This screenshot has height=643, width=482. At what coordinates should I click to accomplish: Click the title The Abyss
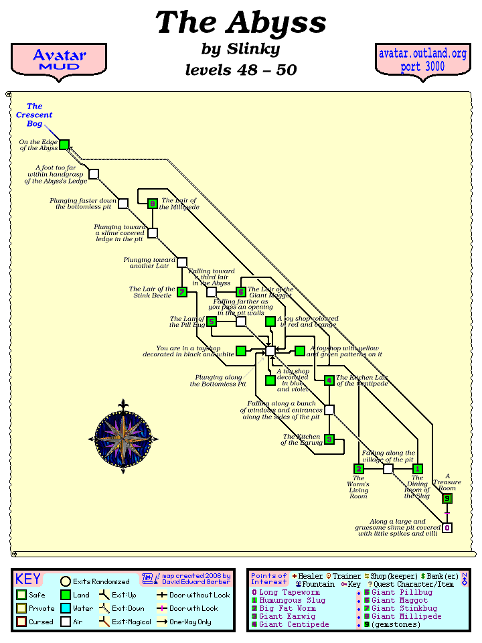pyautogui.click(x=240, y=23)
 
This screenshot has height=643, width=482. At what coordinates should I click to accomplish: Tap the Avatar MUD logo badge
pyautogui.click(x=59, y=60)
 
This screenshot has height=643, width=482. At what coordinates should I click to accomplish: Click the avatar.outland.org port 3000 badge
pyautogui.click(x=422, y=60)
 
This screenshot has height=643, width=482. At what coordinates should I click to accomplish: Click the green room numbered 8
pyautogui.click(x=153, y=204)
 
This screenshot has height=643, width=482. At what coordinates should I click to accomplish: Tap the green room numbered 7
pyautogui.click(x=182, y=292)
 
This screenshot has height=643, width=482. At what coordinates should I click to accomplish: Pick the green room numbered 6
pyautogui.click(x=241, y=292)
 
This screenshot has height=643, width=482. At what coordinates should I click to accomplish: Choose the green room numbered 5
pyautogui.click(x=212, y=321)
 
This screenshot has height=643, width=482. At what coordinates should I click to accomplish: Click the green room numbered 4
pyautogui.click(x=329, y=380)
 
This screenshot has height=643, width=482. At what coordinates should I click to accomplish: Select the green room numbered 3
pyautogui.click(x=329, y=439)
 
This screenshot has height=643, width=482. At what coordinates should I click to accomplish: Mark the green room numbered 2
pyautogui.click(x=359, y=469)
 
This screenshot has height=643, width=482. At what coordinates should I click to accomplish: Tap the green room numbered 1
pyautogui.click(x=418, y=469)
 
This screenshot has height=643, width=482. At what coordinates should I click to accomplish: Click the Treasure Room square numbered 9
pyautogui.click(x=447, y=498)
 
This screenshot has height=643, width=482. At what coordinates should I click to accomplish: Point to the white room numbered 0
pyautogui.click(x=447, y=528)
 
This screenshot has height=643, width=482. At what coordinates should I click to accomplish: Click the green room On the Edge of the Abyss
pyautogui.click(x=64, y=145)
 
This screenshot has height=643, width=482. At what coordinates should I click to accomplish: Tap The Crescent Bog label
pyautogui.click(x=35, y=115)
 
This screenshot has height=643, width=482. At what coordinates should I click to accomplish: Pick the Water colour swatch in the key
pyautogui.click(x=66, y=609)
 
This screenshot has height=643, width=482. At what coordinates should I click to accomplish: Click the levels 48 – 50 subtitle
pyautogui.click(x=240, y=70)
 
